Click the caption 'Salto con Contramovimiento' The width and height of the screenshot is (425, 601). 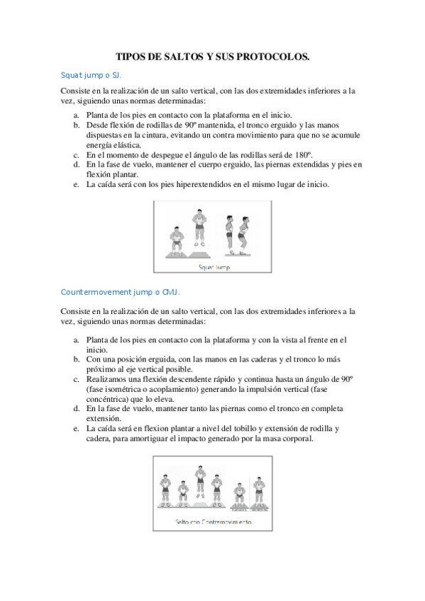coord(214,522)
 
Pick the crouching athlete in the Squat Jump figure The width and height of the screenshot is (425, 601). coord(176,240)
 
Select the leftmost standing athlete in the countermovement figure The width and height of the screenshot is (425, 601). coord(165,490)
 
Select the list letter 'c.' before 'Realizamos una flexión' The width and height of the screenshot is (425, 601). coord(76,379)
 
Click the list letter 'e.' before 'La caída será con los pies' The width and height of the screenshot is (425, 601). coord(76,184)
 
